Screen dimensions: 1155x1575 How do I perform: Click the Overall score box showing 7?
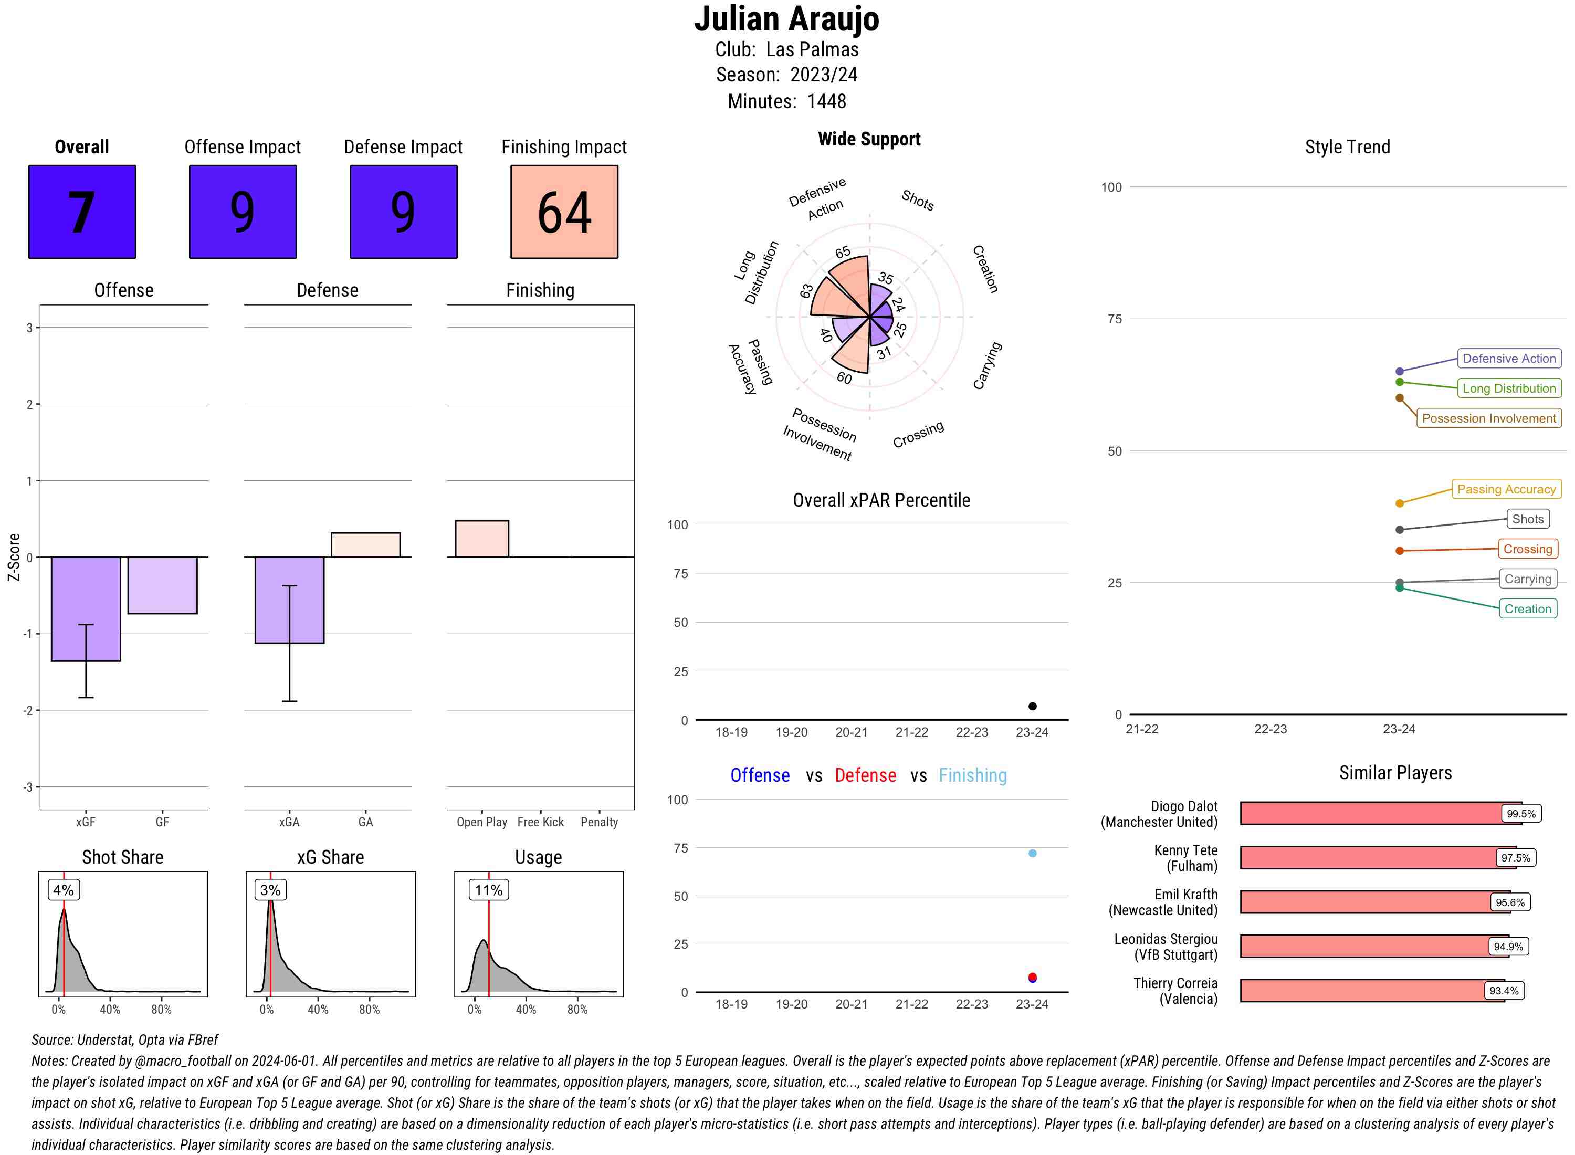click(82, 212)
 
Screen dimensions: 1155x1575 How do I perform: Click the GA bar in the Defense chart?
click(365, 544)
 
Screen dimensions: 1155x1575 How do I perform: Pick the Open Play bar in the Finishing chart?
click(481, 538)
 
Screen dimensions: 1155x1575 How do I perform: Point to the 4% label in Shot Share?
click(63, 890)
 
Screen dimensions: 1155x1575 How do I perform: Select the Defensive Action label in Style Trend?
click(1509, 359)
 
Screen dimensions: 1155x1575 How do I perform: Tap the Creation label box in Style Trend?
click(1527, 609)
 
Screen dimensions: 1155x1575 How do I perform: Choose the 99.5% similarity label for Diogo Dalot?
click(1520, 814)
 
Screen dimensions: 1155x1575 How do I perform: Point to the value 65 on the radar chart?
click(843, 253)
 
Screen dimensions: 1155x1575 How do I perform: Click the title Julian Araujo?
click(786, 19)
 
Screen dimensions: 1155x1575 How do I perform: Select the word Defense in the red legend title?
click(865, 775)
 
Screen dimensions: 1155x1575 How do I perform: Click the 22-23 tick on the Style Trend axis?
click(1269, 729)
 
